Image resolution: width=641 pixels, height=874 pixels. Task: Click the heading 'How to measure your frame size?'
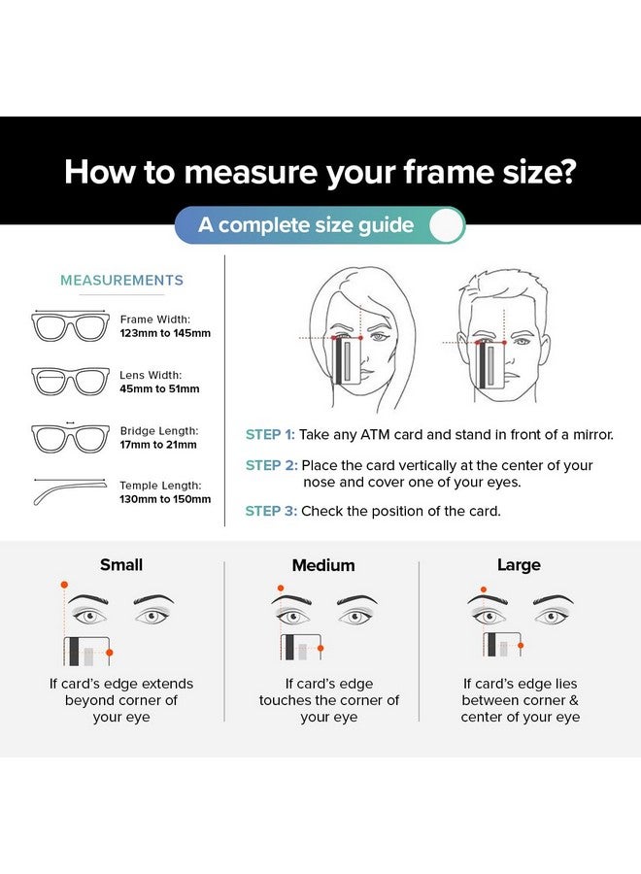tap(320, 172)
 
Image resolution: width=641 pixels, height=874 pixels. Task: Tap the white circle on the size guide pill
tap(446, 225)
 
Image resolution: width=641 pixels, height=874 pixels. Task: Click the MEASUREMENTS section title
tap(121, 281)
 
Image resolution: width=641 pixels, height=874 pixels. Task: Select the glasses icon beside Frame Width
tap(70, 326)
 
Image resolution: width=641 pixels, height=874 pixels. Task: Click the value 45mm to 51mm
tap(159, 388)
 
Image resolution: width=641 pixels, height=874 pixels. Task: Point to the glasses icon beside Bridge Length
tap(70, 437)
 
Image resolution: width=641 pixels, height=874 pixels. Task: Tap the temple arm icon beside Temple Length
tap(70, 490)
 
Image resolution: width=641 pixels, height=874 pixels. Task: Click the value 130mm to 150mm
tap(165, 499)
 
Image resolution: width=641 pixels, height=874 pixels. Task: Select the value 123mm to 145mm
tap(165, 333)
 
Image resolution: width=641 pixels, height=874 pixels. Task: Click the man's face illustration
tap(497, 335)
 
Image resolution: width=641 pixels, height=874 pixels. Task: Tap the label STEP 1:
tap(269, 435)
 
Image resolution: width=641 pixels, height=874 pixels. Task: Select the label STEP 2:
tap(270, 466)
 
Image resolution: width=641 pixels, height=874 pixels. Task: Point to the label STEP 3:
tap(270, 511)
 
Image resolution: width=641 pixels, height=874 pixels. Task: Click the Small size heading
tap(121, 565)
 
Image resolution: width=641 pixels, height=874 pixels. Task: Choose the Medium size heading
tap(323, 565)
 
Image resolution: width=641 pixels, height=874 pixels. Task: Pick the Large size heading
tap(519, 565)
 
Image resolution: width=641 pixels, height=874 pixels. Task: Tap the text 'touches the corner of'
tap(329, 700)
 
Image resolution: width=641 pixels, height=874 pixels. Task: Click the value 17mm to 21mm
tap(159, 445)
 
